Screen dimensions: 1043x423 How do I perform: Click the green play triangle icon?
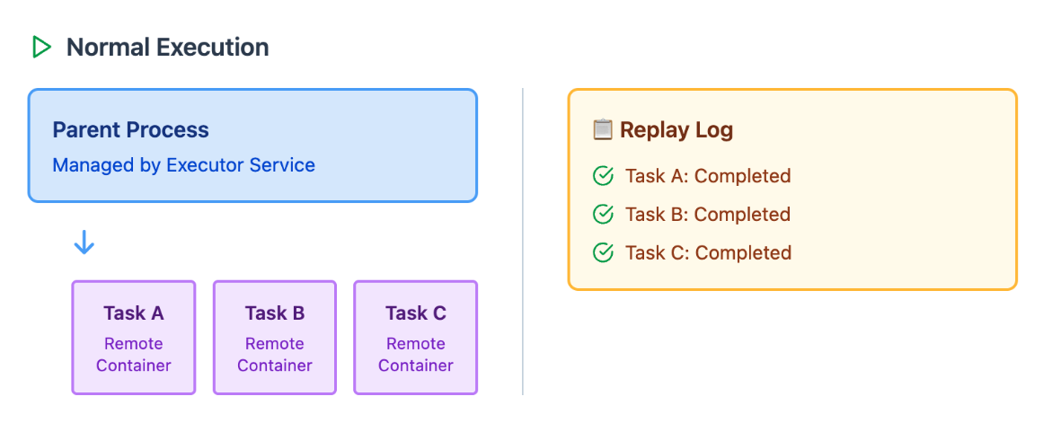[41, 48]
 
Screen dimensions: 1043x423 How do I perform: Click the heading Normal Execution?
[168, 48]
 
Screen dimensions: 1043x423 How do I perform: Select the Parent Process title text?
[131, 129]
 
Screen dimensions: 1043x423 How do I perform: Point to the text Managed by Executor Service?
[183, 164]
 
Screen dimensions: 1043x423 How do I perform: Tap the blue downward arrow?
[84, 242]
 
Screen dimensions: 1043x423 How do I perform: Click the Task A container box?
[134, 337]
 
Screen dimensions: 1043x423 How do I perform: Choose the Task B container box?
[275, 337]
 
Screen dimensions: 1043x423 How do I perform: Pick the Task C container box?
[416, 337]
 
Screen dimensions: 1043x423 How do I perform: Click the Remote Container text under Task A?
[134, 355]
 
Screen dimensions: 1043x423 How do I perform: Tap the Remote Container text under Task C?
[416, 355]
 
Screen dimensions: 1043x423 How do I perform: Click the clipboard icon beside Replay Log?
[602, 129]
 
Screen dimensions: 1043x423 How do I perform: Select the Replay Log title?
[676, 129]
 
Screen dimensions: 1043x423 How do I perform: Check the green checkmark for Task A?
[602, 176]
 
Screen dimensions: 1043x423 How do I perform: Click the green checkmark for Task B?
[602, 214]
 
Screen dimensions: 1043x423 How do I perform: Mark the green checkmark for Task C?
[602, 252]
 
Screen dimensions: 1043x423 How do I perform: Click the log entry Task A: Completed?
[708, 176]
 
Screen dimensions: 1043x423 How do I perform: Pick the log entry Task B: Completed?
[708, 214]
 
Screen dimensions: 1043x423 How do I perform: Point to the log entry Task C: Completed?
[708, 252]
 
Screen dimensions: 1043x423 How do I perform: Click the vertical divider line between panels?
[523, 242]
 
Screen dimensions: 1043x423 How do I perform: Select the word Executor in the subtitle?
[205, 164]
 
